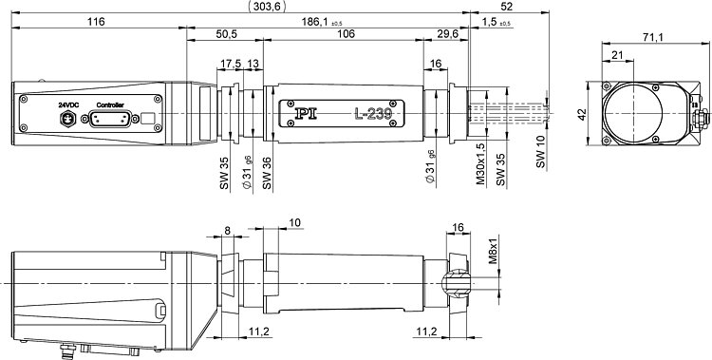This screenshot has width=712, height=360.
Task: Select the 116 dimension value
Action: [96, 21]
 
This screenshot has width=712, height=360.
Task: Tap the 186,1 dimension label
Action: [316, 21]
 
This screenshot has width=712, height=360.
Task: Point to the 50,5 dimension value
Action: [225, 34]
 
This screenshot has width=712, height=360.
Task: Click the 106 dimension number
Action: [346, 34]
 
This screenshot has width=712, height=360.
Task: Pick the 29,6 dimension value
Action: [446, 34]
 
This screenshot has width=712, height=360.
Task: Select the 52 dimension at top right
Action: [507, 7]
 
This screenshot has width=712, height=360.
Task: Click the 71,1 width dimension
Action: [653, 38]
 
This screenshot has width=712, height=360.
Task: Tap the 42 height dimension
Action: [583, 113]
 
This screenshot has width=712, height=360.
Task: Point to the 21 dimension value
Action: [617, 54]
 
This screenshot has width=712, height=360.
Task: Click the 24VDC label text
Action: [68, 105]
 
